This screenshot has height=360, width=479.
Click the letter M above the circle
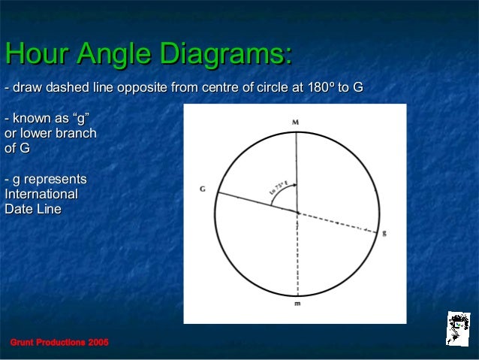[296, 120]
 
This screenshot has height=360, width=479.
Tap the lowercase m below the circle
[297, 304]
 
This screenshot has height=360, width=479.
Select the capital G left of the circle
[203, 189]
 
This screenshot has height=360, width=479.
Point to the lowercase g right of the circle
[384, 233]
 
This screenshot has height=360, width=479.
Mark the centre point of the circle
[297, 213]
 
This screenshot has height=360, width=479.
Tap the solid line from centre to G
[255, 202]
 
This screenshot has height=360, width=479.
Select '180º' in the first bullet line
[321, 89]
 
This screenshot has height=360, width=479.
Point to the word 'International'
[41, 194]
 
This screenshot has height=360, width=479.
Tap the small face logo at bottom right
[457, 328]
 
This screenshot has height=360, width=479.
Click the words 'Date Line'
[33, 209]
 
